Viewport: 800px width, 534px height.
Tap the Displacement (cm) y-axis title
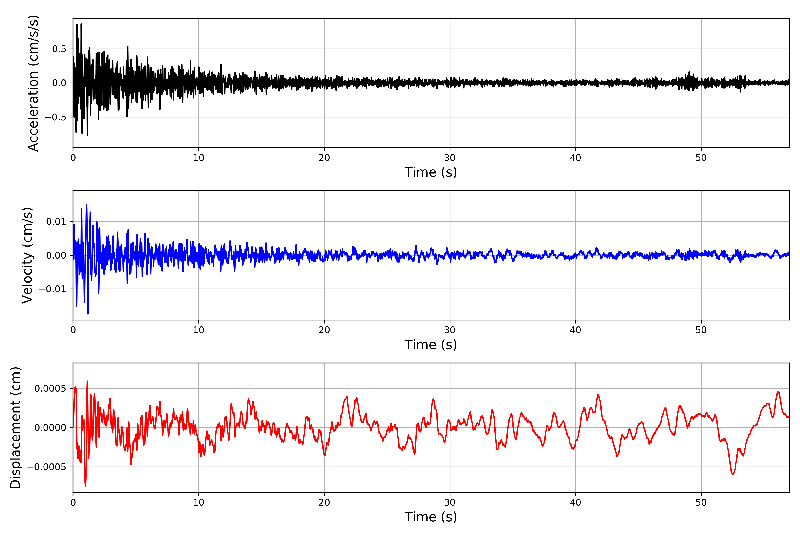(x=15, y=428)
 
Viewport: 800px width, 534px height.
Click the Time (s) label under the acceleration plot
(x=431, y=172)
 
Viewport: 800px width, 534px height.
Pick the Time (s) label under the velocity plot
(x=431, y=345)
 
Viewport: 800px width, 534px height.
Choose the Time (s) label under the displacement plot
(x=431, y=517)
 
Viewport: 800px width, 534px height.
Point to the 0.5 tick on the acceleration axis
(x=59, y=49)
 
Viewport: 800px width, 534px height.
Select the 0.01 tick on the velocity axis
(x=56, y=222)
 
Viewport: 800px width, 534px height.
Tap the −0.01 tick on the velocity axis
(x=52, y=289)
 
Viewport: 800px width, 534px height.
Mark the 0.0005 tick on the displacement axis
(x=50, y=388)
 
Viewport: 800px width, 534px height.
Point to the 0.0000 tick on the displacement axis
(x=50, y=428)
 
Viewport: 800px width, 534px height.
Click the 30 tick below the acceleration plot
(x=450, y=158)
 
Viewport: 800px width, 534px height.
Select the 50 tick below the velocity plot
(x=701, y=330)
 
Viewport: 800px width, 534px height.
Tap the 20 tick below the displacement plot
(x=324, y=502)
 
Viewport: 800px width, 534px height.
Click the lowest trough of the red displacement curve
(x=85, y=486)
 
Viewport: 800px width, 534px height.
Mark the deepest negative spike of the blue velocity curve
(x=88, y=314)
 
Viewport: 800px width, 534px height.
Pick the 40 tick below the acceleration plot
(x=576, y=158)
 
